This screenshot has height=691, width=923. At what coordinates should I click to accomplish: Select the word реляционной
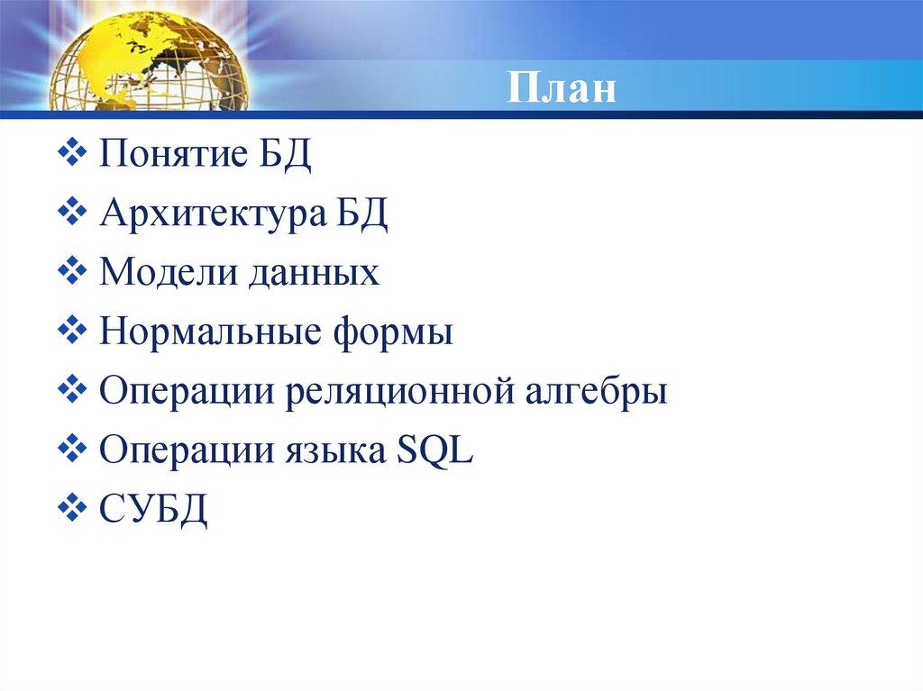[x=398, y=394]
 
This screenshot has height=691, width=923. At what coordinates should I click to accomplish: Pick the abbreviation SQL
[x=434, y=450]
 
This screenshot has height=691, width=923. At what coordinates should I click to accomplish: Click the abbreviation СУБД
[x=154, y=511]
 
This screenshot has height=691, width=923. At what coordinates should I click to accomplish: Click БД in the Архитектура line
[x=363, y=214]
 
